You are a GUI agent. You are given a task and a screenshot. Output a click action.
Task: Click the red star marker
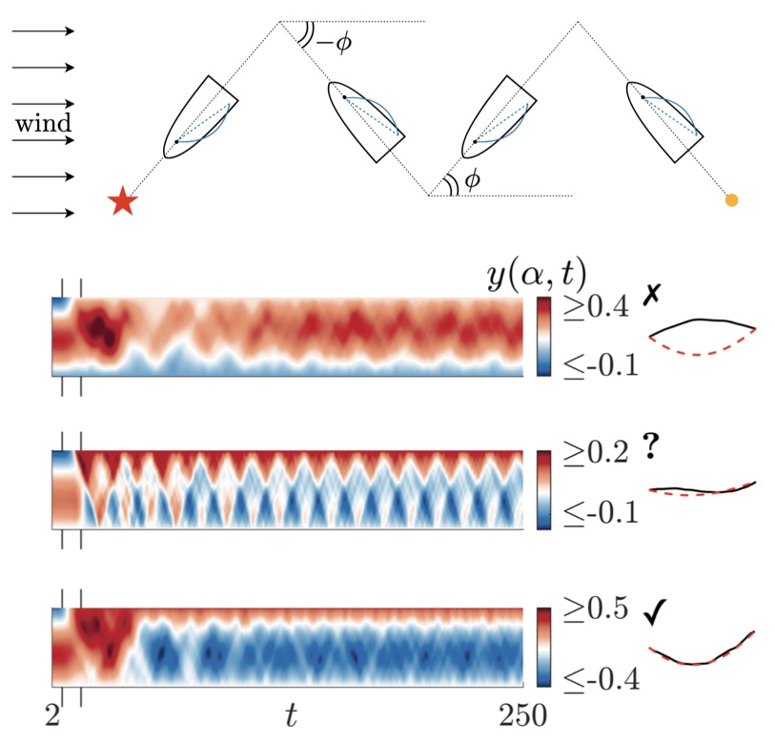click(121, 202)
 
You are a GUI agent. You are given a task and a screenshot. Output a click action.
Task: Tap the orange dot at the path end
click(732, 200)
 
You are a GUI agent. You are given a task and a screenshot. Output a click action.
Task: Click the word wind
click(42, 124)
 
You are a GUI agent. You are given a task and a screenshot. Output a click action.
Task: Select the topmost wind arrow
click(44, 31)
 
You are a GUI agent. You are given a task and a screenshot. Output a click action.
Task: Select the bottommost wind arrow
click(44, 213)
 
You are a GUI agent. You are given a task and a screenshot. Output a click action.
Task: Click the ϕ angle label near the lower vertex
click(471, 179)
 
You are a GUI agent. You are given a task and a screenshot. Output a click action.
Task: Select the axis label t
click(291, 714)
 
